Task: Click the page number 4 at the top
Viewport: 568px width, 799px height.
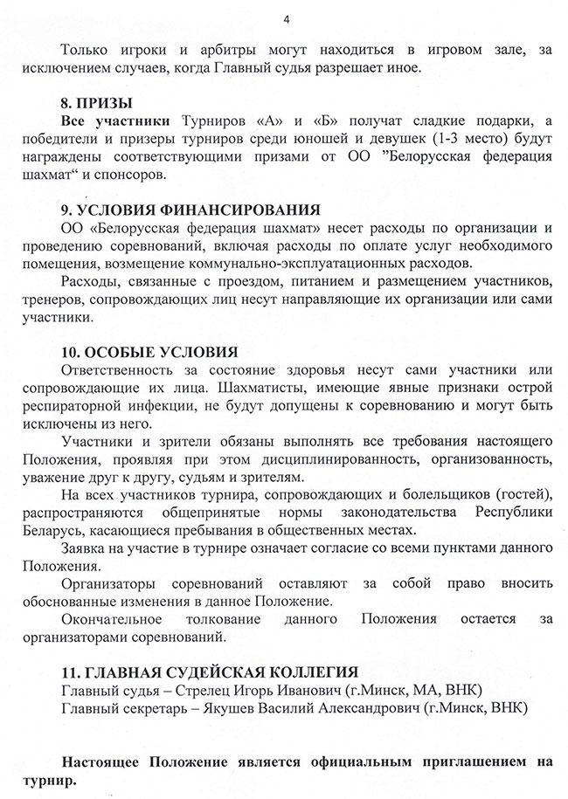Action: click(x=285, y=19)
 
